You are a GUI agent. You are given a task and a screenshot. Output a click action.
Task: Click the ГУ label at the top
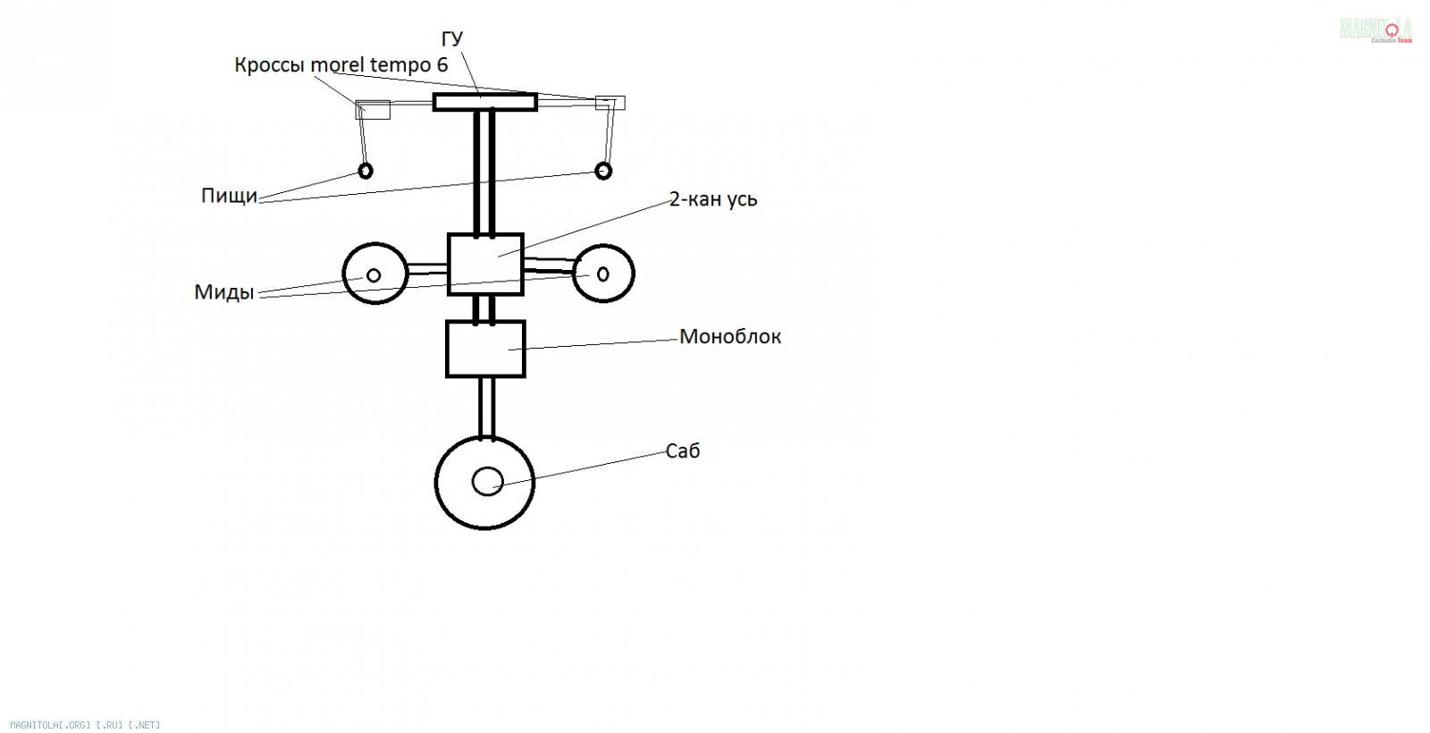(x=452, y=39)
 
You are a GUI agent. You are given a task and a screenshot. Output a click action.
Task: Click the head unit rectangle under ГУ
(x=484, y=102)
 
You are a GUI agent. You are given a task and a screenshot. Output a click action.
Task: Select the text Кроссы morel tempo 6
(x=341, y=65)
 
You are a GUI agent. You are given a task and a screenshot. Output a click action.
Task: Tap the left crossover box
(x=374, y=110)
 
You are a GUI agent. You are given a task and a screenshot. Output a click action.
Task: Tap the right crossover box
(x=610, y=103)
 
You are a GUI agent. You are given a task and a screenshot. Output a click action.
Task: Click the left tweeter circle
(x=365, y=170)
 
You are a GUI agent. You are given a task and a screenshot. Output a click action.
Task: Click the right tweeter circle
(x=603, y=170)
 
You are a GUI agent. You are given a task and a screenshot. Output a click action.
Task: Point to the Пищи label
(x=229, y=196)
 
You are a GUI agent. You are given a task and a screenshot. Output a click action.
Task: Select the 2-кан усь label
(x=713, y=198)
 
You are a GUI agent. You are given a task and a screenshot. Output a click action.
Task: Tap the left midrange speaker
(x=375, y=274)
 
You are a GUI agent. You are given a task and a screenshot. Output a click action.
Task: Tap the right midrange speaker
(x=603, y=273)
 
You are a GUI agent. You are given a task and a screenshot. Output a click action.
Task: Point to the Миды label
(x=223, y=292)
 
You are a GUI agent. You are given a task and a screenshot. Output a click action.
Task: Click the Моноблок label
(x=730, y=337)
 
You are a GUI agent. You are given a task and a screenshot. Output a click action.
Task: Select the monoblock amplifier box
(x=485, y=349)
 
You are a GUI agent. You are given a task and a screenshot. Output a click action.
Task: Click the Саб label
(x=683, y=451)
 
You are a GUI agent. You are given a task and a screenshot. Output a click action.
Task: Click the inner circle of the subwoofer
(x=487, y=481)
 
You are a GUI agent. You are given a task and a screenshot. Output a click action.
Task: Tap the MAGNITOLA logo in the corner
(x=1376, y=30)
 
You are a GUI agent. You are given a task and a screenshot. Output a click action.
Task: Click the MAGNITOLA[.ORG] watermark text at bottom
(x=85, y=725)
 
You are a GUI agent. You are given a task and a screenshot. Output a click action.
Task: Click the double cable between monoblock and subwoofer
(x=486, y=408)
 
